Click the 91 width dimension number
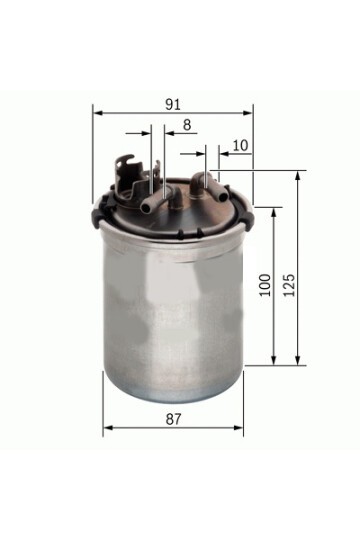(x=173, y=104)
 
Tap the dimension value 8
(x=187, y=125)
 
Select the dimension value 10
(x=240, y=145)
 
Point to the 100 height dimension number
(x=265, y=285)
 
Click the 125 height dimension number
(x=289, y=285)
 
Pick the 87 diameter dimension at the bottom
(x=173, y=419)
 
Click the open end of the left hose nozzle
(x=145, y=208)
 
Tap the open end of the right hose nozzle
(x=223, y=197)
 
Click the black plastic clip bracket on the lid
(x=131, y=177)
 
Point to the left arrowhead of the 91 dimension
(x=98, y=113)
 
